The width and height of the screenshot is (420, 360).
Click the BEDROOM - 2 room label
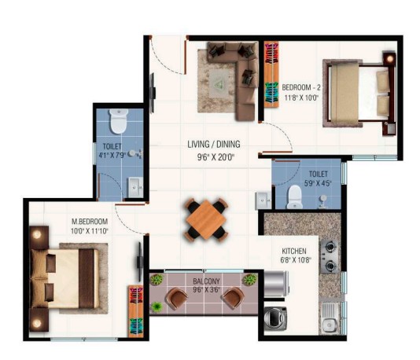point(301,87)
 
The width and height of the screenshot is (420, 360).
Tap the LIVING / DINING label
point(214,145)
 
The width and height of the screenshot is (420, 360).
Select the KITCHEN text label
point(294,251)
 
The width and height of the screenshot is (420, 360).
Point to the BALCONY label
point(206,281)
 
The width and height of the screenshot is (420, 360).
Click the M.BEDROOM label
point(90,222)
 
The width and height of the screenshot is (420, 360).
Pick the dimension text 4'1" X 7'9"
point(112,155)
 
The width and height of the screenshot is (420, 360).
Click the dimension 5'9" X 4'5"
point(318,183)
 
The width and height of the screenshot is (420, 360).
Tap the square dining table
point(206,220)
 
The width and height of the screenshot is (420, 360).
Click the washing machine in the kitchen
point(275,318)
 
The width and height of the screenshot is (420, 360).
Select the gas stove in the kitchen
point(330,256)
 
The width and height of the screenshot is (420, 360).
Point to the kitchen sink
point(330,318)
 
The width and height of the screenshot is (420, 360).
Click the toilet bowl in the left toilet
point(118,121)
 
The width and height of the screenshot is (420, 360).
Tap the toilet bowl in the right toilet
point(294,197)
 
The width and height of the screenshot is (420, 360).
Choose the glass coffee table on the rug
point(219,84)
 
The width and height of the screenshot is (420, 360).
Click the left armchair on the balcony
point(176,298)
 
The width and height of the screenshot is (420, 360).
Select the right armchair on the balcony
point(234,298)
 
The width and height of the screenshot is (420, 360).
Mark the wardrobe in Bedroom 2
point(271,75)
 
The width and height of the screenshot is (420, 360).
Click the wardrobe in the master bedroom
point(136,311)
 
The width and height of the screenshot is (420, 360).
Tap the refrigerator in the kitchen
point(276,284)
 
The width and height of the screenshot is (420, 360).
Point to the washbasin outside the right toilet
point(263,200)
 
